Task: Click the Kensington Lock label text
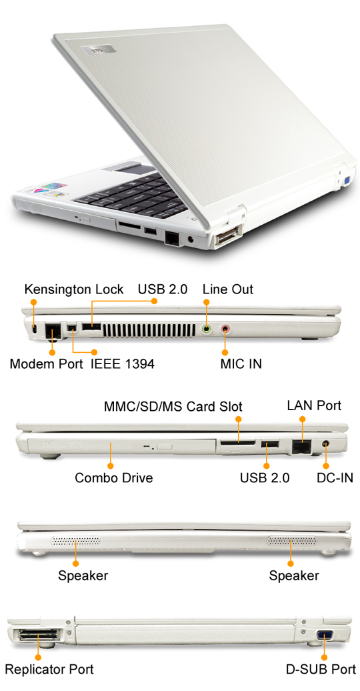tap(73, 289)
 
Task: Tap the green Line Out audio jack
tap(207, 328)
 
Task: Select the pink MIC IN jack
tap(225, 328)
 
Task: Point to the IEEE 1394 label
tap(123, 364)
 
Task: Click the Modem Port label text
tap(46, 364)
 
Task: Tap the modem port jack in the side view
tap(53, 330)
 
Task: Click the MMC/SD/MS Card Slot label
tap(173, 406)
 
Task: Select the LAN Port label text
tap(314, 405)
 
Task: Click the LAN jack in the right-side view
tap(302, 446)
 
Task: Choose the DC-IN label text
tap(335, 478)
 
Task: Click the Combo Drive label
tap(114, 478)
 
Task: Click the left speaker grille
tap(76, 541)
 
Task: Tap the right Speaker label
tap(294, 575)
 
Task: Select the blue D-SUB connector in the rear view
tap(324, 635)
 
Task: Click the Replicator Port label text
tap(49, 670)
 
